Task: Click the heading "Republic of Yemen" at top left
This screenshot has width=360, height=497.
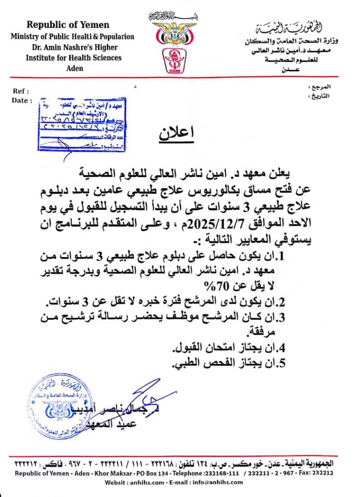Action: click(68, 25)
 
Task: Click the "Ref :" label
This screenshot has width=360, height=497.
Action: click(21, 91)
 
